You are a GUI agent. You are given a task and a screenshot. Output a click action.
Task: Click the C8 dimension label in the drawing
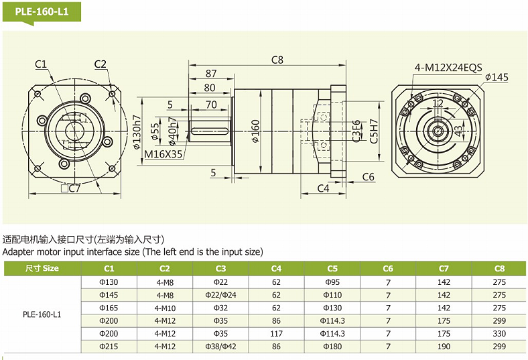pyautogui.click(x=277, y=60)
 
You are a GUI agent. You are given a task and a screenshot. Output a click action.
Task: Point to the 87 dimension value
pyautogui.click(x=211, y=73)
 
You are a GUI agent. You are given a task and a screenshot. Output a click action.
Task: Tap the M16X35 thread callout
pyautogui.click(x=164, y=154)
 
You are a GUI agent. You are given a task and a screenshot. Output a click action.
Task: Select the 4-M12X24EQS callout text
pyautogui.click(x=448, y=67)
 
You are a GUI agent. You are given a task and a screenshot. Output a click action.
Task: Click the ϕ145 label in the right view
pyautogui.click(x=497, y=78)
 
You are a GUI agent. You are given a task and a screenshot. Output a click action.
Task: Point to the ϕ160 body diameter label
pyautogui.click(x=255, y=131)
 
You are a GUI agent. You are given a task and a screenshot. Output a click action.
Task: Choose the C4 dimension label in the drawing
pyautogui.click(x=322, y=188)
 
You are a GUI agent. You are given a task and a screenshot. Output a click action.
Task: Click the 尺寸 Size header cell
pyautogui.click(x=42, y=268)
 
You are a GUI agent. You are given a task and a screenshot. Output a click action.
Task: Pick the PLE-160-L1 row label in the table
pyautogui.click(x=42, y=314)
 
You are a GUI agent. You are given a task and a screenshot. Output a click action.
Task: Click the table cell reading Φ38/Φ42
pyautogui.click(x=220, y=346)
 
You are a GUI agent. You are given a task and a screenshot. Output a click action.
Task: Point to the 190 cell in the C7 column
pyautogui.click(x=444, y=346)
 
